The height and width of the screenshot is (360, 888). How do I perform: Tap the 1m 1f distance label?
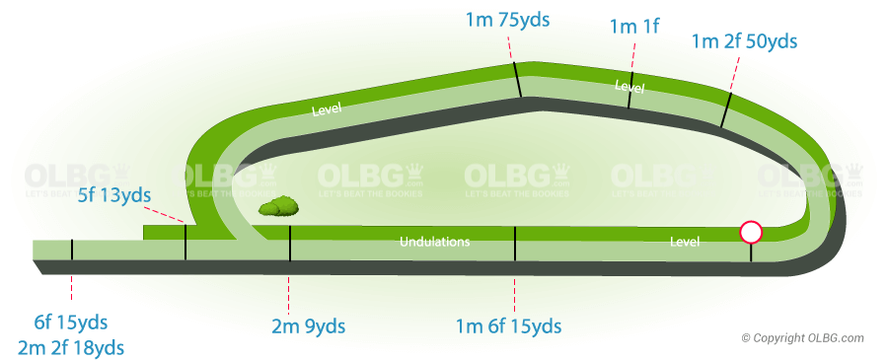(636, 27)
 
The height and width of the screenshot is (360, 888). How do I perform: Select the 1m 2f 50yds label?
(744, 41)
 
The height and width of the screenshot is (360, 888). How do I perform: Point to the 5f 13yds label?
(114, 195)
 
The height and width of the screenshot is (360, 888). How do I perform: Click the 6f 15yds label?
(70, 323)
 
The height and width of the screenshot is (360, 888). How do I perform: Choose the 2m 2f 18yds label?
(71, 346)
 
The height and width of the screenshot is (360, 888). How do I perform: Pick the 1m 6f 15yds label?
(508, 326)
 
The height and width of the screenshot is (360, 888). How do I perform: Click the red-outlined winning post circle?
(751, 233)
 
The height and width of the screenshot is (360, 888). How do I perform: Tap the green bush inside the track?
(279, 206)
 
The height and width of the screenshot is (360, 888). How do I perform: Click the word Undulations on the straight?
(434, 242)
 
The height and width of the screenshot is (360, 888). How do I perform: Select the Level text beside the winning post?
(684, 242)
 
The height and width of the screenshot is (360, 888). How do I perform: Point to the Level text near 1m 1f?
(629, 88)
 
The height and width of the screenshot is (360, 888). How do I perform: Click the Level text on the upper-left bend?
(326, 109)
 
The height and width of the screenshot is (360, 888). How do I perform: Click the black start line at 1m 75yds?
(516, 80)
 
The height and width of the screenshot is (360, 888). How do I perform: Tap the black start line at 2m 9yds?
(289, 243)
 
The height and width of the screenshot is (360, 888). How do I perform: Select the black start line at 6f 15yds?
(72, 250)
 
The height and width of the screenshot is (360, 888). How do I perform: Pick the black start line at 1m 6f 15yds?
(515, 243)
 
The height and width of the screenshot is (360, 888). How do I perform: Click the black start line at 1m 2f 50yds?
(725, 110)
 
